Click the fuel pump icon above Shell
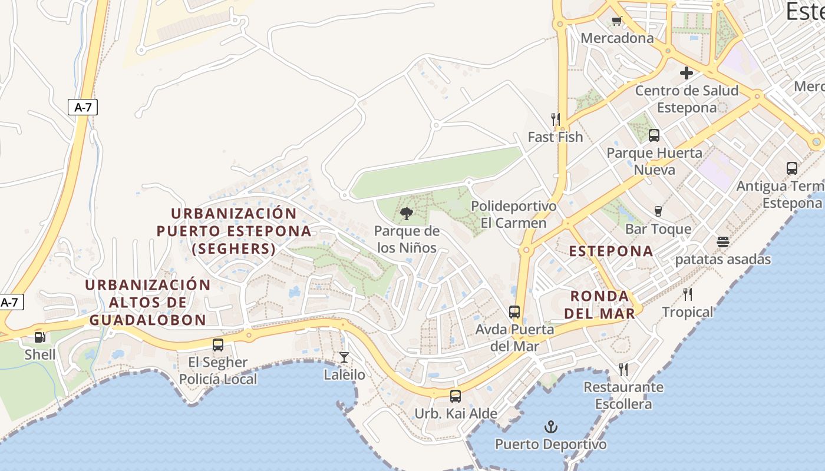coord(40,337)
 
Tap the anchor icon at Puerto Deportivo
coord(551,427)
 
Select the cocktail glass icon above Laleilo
coord(344,357)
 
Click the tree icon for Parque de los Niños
coord(406,214)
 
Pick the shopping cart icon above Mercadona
coord(616,21)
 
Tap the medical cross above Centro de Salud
coord(687,73)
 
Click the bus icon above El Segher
coord(218,345)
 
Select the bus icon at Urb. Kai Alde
coord(456,396)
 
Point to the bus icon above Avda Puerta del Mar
coord(514,312)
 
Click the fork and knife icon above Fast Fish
coord(555,120)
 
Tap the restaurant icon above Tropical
coord(688,294)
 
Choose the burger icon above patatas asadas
coord(723,242)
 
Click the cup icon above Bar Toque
coord(658,211)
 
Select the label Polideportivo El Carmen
coord(513,215)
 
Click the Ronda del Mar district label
coord(600,304)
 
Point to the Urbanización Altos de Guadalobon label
coord(148,303)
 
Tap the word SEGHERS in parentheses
coord(234,249)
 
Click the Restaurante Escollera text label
coord(623,396)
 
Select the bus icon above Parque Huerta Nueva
coord(654,135)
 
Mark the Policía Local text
coord(218,379)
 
